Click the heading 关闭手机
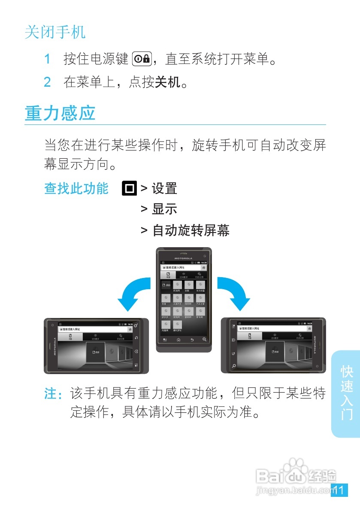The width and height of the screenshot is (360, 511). pyautogui.click(x=55, y=32)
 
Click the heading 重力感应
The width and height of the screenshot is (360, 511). pyautogui.click(x=60, y=113)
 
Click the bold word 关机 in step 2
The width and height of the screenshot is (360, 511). pyautogui.click(x=167, y=82)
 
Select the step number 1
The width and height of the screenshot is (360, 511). pyautogui.click(x=48, y=59)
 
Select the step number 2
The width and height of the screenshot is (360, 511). pyautogui.click(x=48, y=82)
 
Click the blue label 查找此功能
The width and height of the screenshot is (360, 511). pyautogui.click(x=76, y=188)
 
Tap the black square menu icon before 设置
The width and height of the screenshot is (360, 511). pyautogui.click(x=129, y=188)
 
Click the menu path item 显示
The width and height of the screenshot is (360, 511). pyautogui.click(x=164, y=209)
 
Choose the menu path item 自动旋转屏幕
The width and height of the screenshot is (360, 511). pyautogui.click(x=191, y=230)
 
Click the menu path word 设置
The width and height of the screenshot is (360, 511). pyautogui.click(x=164, y=188)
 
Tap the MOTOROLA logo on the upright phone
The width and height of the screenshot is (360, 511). pyautogui.click(x=184, y=258)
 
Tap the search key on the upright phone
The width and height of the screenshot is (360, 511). pyautogui.click(x=204, y=339)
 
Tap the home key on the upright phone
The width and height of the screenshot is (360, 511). pyautogui.click(x=178, y=339)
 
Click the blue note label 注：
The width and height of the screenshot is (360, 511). pyautogui.click(x=56, y=393)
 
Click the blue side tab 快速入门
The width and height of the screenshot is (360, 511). pyautogui.click(x=346, y=393)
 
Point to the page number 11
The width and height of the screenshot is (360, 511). pyautogui.click(x=339, y=490)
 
